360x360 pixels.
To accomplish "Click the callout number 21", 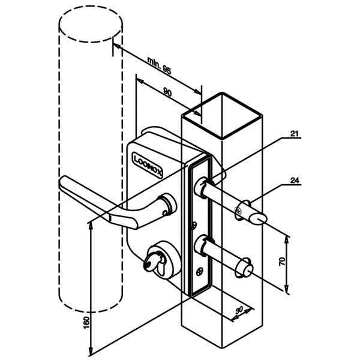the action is coord(294,133).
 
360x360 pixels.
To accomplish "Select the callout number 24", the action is coord(295,181).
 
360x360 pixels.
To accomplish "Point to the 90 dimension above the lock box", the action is coord(167,92).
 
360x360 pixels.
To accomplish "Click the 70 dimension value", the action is coord(282,262).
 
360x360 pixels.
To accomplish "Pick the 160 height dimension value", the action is coord(86,322).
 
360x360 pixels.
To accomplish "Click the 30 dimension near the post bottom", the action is coord(239,310).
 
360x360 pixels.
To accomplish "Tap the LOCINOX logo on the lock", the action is coord(148,164).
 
